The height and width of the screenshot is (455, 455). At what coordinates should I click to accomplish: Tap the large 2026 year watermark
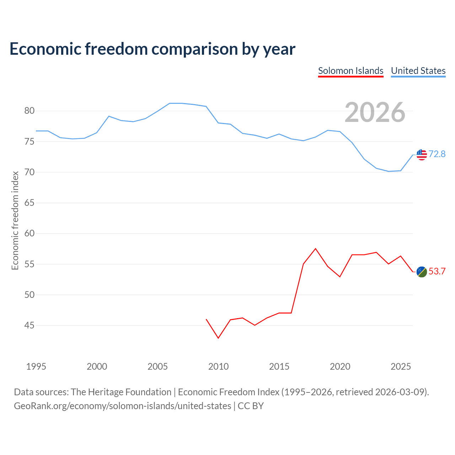[x=375, y=112]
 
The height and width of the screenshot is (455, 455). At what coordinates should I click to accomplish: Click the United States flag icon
[x=422, y=155]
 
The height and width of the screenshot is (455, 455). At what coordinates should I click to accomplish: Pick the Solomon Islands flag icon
[x=422, y=272]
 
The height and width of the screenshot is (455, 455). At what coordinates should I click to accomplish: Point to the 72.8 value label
[x=437, y=154]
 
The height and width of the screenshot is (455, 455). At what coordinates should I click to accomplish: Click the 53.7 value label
[x=437, y=271]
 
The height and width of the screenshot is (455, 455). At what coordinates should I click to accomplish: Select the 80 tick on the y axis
[x=29, y=111]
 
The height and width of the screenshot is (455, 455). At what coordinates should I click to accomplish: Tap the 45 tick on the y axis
[x=29, y=325]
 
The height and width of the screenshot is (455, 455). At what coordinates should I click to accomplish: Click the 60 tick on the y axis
[x=29, y=233]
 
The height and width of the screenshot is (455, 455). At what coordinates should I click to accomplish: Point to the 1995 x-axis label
[x=36, y=366]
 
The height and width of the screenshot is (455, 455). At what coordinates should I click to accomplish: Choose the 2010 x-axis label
[x=218, y=366]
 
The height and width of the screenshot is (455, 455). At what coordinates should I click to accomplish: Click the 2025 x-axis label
[x=401, y=366]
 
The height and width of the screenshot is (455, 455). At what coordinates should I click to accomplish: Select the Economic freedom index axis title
[x=15, y=220]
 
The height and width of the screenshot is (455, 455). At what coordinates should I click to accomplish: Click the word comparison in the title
[x=194, y=49]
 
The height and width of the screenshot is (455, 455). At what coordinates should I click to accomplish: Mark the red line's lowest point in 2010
[x=218, y=338]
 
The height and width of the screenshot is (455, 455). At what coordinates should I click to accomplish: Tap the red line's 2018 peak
[x=315, y=248]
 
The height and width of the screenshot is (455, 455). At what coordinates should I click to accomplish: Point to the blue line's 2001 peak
[x=109, y=116]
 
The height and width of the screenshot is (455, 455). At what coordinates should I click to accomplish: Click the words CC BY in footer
[x=250, y=406]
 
